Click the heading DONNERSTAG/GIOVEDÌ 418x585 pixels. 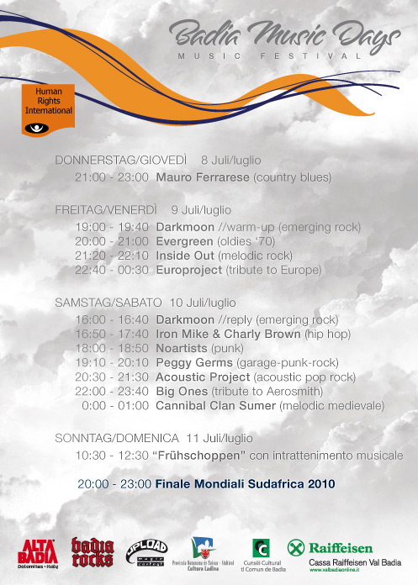[x=121, y=161]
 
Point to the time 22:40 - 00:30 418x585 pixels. [x=111, y=270]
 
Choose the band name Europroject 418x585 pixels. [x=189, y=270]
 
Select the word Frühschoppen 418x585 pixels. [x=202, y=456]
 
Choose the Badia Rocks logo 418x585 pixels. [x=92, y=552]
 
